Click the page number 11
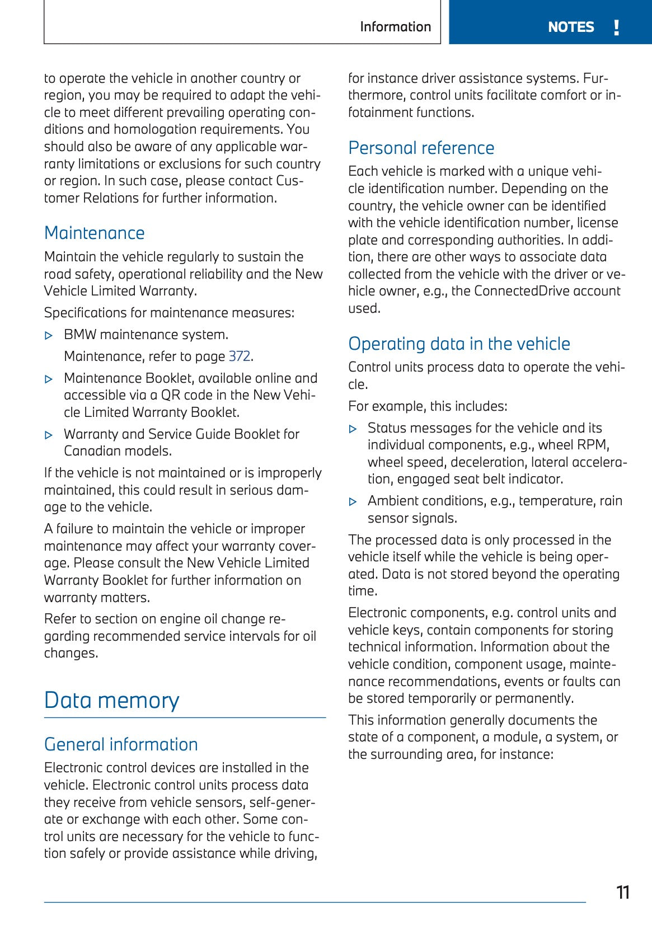click(622, 892)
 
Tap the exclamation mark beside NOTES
click(616, 27)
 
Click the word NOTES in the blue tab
click(570, 27)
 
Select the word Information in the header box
click(395, 27)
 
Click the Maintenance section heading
click(94, 233)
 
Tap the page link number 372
click(240, 356)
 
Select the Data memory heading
click(111, 700)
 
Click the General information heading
click(121, 744)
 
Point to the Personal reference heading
click(421, 148)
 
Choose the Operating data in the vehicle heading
click(459, 344)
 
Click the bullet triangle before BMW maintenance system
click(49, 336)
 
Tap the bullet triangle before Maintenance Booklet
click(49, 379)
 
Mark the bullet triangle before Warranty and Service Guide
click(49, 435)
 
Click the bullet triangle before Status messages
click(353, 429)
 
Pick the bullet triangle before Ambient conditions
click(353, 502)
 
